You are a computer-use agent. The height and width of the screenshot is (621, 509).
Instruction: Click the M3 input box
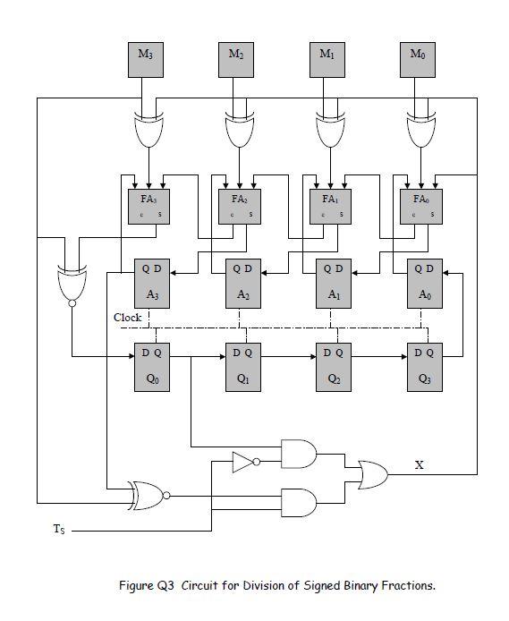pos(144,59)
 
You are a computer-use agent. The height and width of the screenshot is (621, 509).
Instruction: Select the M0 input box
pos(417,59)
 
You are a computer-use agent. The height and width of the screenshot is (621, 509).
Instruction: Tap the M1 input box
pos(327,59)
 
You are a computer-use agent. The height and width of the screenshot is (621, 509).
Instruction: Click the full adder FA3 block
pos(148,204)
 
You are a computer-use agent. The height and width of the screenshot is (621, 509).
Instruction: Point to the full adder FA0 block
pos(421,204)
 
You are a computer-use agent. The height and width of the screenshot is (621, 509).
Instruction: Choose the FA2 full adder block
pos(239,204)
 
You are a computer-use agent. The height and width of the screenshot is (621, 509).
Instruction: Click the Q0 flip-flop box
pos(151,365)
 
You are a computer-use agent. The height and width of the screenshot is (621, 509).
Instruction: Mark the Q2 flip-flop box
pos(334,365)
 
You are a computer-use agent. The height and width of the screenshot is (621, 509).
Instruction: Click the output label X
pos(420,464)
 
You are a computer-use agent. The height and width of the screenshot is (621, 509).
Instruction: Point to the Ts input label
pos(57,532)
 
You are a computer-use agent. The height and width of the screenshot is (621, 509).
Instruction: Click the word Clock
pos(127,318)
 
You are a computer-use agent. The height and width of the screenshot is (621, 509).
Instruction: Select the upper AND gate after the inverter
pos(298,454)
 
